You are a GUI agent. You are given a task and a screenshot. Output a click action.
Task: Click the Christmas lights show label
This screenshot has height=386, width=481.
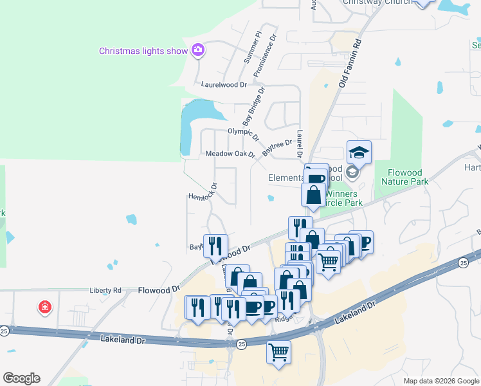(x=143, y=51)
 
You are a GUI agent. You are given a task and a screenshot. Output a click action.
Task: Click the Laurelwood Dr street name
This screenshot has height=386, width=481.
(x=224, y=84)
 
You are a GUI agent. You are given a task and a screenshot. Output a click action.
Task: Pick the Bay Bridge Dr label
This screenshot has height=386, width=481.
(x=254, y=106)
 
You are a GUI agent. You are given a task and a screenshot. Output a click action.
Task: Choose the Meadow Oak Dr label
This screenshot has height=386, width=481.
(x=230, y=154)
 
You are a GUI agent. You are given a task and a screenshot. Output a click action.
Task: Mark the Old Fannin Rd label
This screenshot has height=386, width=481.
(x=350, y=64)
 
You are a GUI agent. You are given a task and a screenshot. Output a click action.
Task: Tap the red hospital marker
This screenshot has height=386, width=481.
(x=44, y=308)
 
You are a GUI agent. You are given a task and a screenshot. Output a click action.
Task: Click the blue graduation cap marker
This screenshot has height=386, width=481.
(x=359, y=152)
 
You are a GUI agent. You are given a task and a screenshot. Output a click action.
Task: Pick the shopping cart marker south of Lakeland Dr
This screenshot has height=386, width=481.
(x=278, y=352)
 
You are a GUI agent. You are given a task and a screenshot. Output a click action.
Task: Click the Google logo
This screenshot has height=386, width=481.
(x=21, y=378)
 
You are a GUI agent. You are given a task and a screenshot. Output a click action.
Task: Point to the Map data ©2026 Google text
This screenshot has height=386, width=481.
(x=440, y=381)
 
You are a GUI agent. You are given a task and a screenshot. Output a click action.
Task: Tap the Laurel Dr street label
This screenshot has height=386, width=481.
(x=300, y=145)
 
